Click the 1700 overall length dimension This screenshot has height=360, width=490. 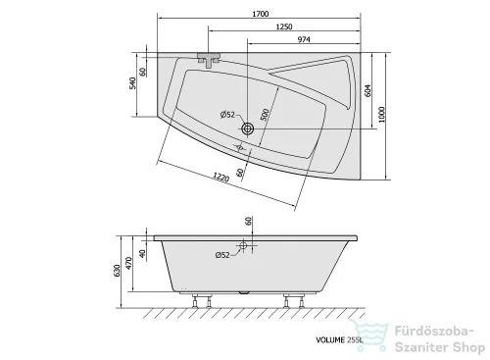point(261,14)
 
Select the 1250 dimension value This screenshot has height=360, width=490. point(284,26)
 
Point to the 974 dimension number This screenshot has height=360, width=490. point(304,39)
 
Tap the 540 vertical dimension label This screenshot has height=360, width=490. point(132,83)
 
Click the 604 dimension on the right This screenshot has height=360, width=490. point(367,90)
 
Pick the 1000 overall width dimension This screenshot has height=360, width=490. point(382,114)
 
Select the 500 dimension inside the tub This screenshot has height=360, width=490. point(266,115)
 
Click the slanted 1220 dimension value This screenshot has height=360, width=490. point(221,177)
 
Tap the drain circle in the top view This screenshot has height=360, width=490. point(247,129)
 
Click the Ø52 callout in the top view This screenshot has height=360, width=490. point(227,115)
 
